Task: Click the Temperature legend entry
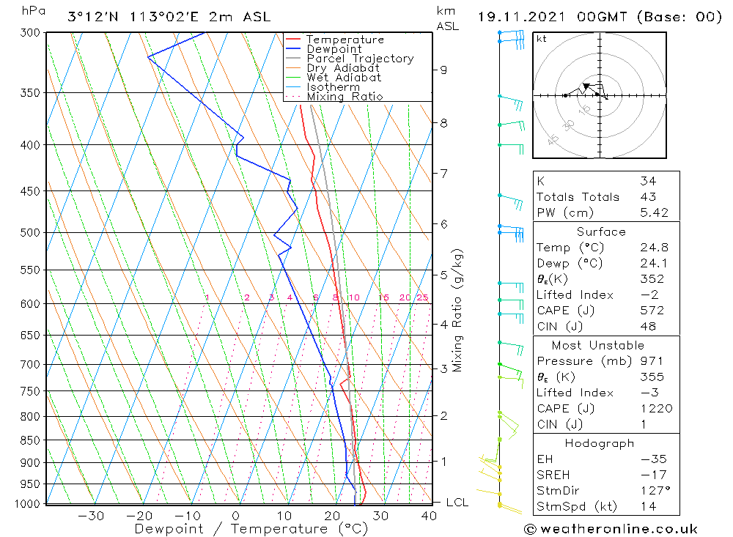(345, 40)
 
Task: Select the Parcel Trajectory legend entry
(360, 59)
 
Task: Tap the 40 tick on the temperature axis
(429, 516)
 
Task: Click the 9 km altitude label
(443, 70)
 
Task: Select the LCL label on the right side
(457, 503)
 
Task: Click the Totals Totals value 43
(648, 197)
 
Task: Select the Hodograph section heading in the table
(600, 443)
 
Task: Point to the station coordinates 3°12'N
(91, 17)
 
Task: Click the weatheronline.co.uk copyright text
(611, 529)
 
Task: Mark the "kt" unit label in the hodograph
(542, 39)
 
